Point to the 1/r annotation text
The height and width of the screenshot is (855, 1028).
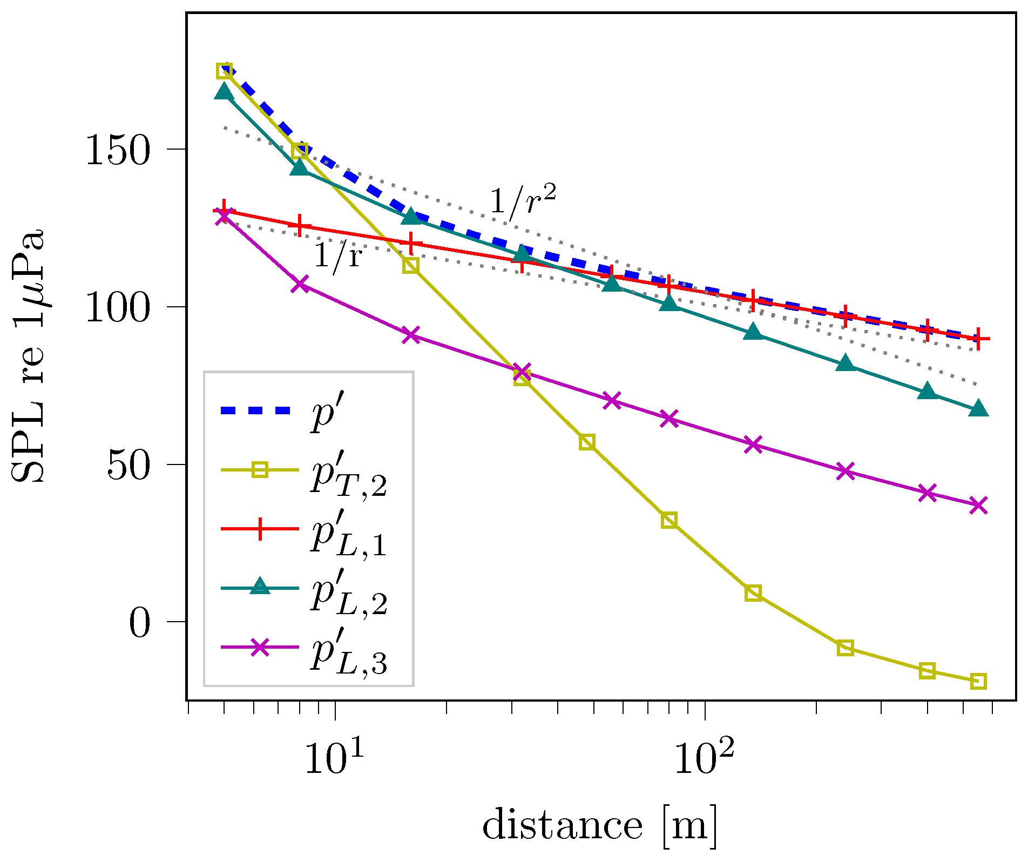337,256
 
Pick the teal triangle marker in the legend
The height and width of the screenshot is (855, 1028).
260,587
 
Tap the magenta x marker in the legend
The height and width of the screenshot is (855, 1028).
260,647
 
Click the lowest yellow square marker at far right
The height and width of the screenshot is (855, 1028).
978,682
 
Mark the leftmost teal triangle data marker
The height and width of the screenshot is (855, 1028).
224,92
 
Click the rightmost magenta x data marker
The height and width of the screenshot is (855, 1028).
978,506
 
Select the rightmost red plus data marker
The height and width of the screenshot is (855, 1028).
978,339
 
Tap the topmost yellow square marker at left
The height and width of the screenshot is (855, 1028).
224,71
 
